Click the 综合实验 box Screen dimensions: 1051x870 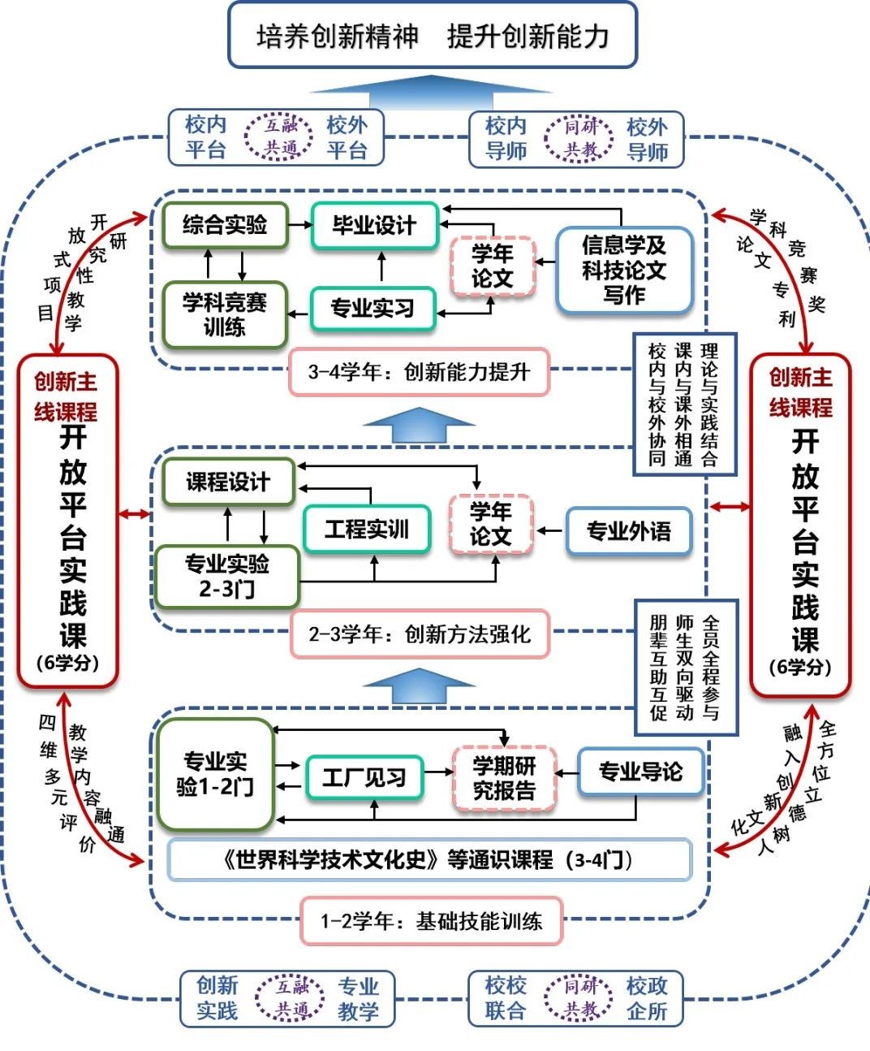[225, 225]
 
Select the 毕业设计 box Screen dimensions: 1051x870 [374, 225]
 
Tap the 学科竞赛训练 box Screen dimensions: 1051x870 [225, 314]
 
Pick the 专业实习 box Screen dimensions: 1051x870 [373, 309]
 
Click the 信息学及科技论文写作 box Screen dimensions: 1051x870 [623, 270]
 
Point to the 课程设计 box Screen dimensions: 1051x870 [227, 482]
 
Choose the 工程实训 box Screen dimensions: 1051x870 [366, 530]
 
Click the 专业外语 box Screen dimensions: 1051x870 [629, 531]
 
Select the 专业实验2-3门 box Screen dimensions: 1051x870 [227, 576]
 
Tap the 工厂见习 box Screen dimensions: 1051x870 [364, 778]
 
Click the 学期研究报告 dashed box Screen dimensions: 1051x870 [504, 777]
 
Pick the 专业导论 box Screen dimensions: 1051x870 [640, 772]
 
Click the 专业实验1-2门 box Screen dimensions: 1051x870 [215, 774]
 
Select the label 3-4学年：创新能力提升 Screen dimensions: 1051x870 [419, 372]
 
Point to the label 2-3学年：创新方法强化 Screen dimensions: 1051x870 [420, 634]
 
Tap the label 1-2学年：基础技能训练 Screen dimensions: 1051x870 [431, 921]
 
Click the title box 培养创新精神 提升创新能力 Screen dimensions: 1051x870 [432, 36]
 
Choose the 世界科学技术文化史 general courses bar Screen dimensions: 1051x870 [429, 860]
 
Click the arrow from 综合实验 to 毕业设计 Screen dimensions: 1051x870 [300, 225]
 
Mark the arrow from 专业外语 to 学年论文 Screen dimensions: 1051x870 [549, 531]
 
